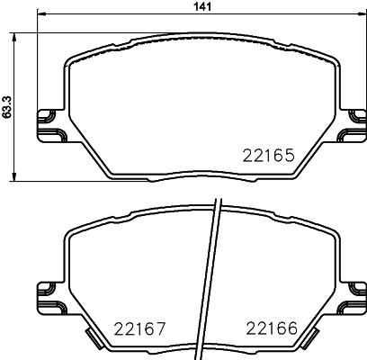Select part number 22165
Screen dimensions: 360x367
pyautogui.click(x=268, y=155)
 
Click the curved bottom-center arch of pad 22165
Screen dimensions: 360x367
pyautogui.click(x=198, y=177)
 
